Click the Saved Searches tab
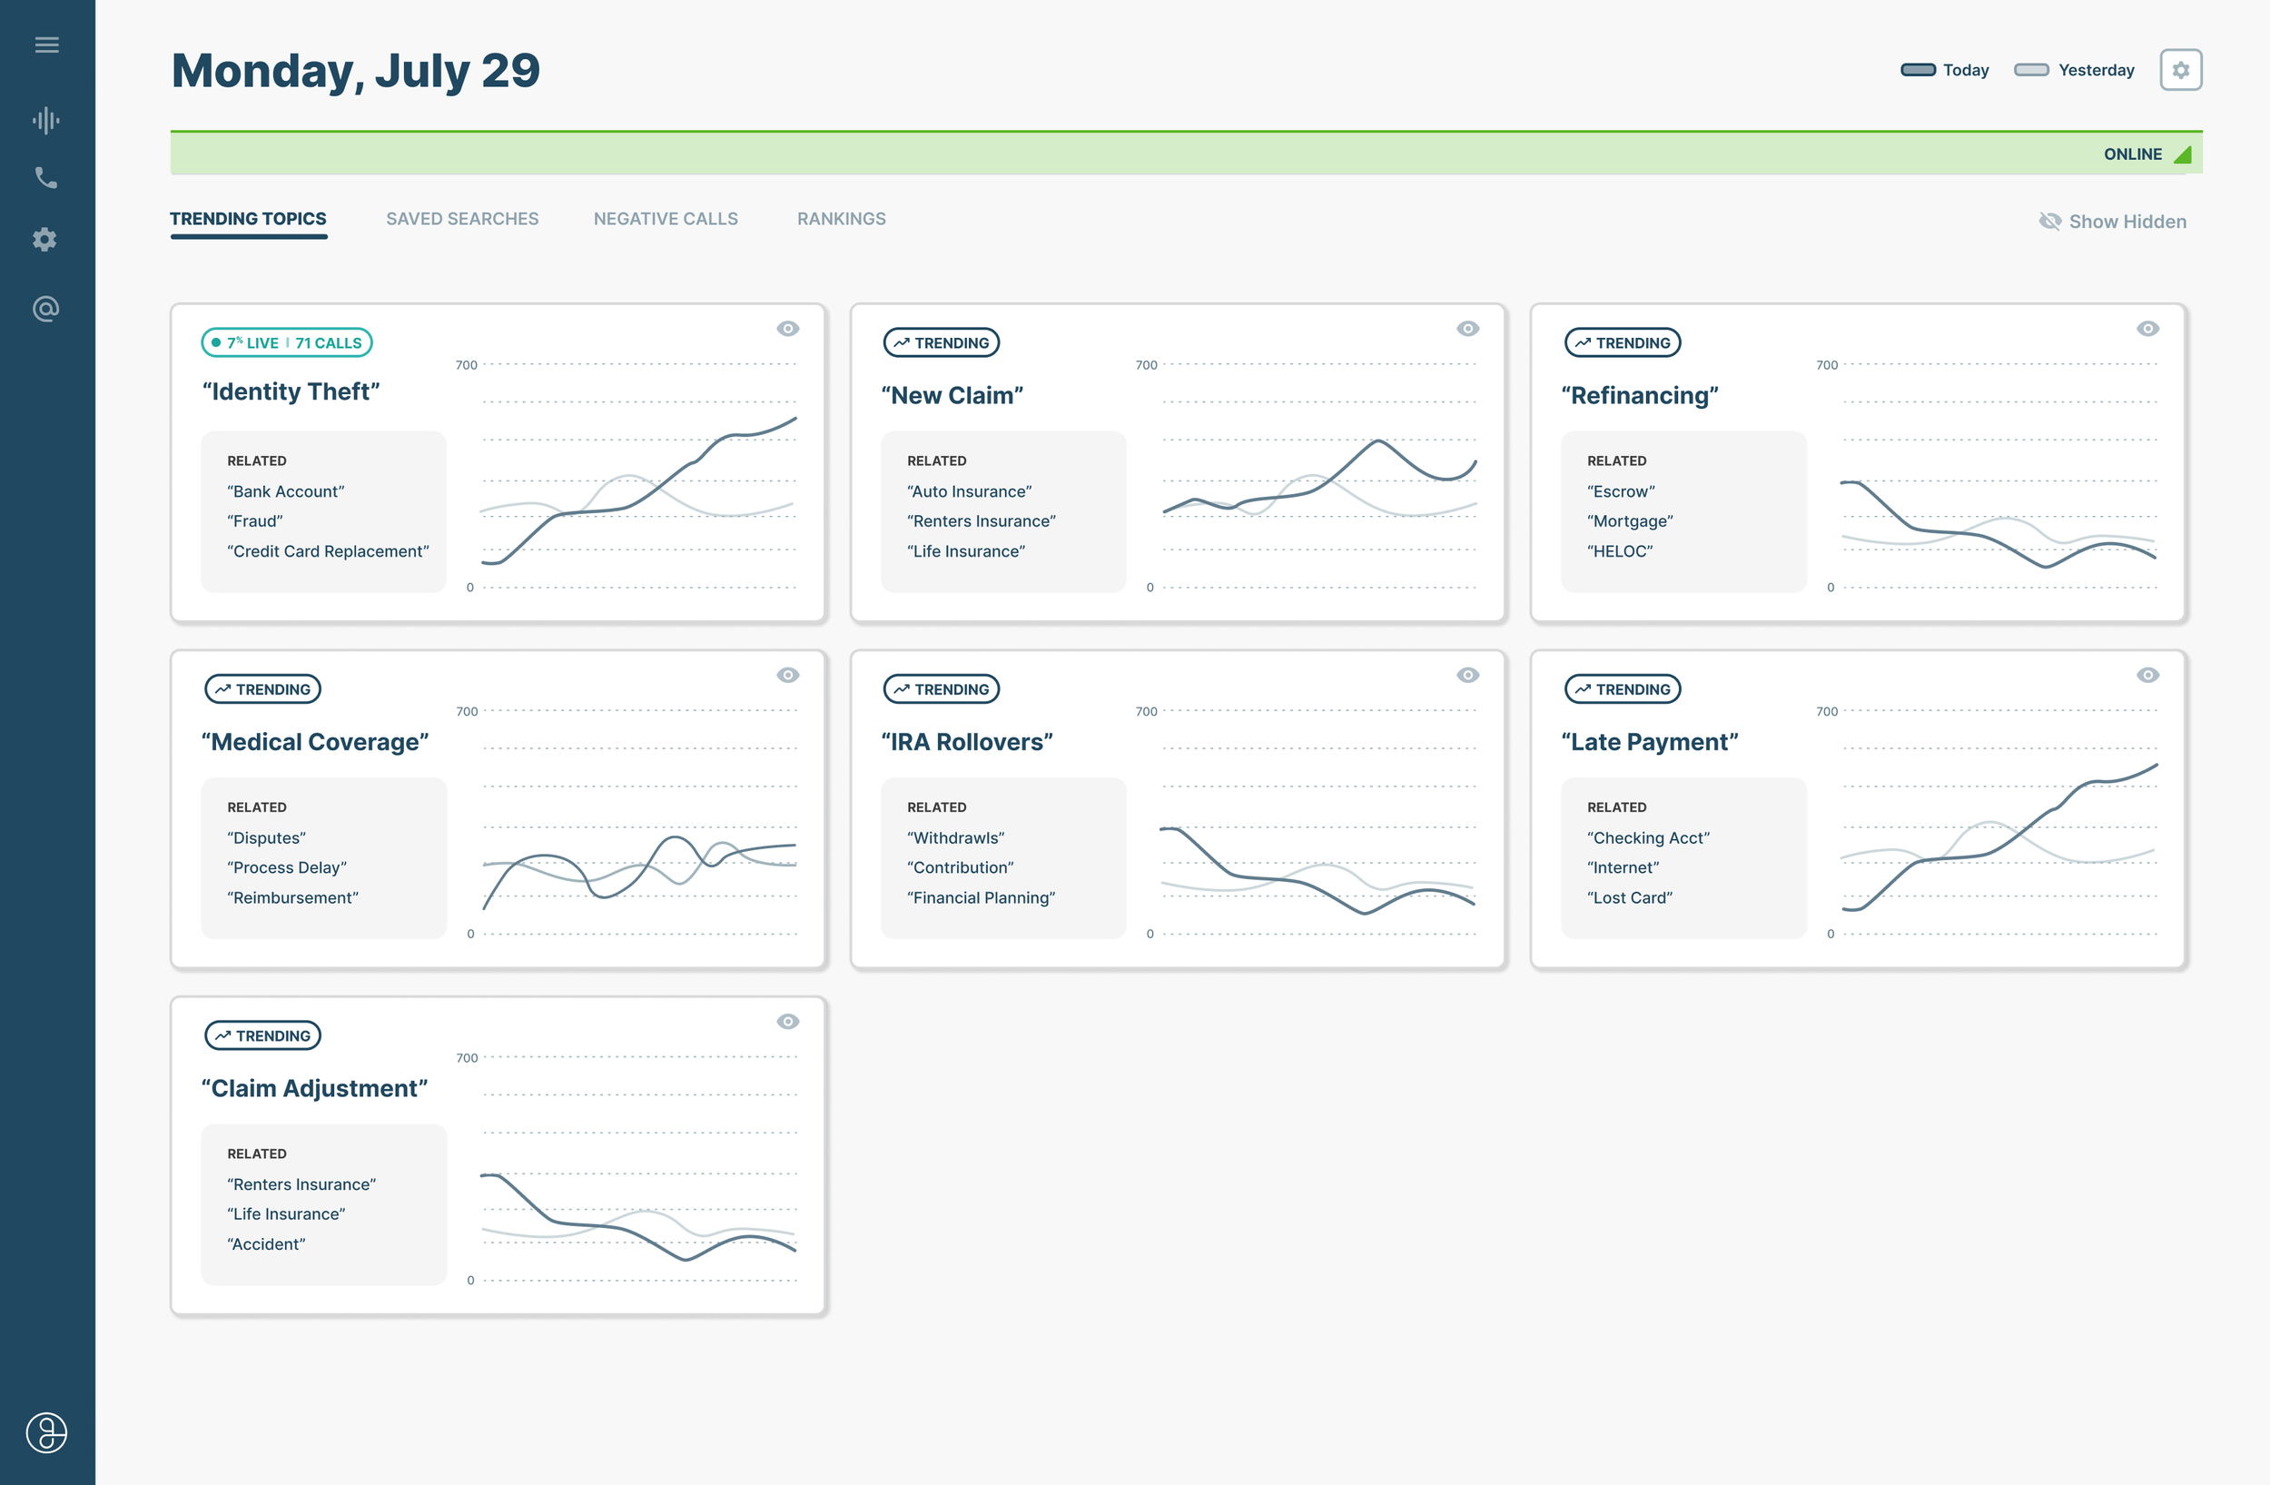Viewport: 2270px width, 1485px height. pyautogui.click(x=461, y=218)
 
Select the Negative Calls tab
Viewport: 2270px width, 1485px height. pyautogui.click(x=665, y=218)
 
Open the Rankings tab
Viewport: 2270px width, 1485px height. pyautogui.click(x=840, y=218)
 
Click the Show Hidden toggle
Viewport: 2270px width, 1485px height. pyautogui.click(x=2112, y=222)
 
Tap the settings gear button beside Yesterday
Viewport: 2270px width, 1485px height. pyautogui.click(x=2179, y=70)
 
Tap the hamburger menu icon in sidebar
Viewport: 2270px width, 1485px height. pyautogui.click(x=46, y=45)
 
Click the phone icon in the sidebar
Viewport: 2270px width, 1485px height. pyautogui.click(x=45, y=177)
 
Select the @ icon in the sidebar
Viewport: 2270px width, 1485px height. pyautogui.click(x=45, y=309)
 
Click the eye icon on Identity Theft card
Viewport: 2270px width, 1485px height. pyautogui.click(x=787, y=329)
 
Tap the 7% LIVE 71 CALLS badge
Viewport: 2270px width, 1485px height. pyautogui.click(x=286, y=342)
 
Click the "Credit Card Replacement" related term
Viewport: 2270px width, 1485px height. pyautogui.click(x=327, y=551)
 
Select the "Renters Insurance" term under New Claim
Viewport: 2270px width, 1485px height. pyautogui.click(x=981, y=520)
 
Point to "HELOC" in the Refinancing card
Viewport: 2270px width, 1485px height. pyautogui.click(x=1619, y=551)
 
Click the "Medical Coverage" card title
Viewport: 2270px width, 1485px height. pyautogui.click(x=315, y=742)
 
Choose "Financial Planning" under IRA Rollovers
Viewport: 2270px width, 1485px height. pyautogui.click(x=981, y=897)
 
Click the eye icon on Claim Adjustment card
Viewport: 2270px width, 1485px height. pyautogui.click(x=787, y=1022)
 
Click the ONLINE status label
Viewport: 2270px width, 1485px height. pyautogui.click(x=2132, y=154)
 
